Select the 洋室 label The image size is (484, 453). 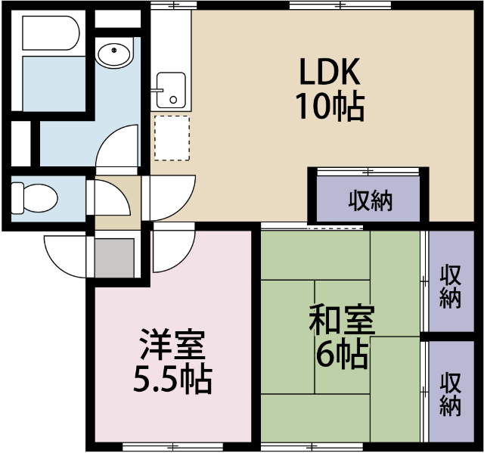(172, 346)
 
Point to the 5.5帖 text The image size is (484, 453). (172, 379)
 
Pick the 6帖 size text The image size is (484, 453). (341, 354)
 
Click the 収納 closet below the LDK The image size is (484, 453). (371, 200)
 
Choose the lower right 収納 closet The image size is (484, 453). (451, 394)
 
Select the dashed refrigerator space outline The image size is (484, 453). (172, 137)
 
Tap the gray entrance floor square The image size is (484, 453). (115, 258)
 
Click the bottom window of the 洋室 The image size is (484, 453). (172, 446)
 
